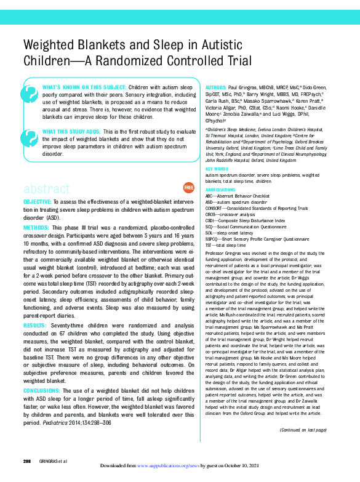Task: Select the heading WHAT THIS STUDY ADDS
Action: point(68,132)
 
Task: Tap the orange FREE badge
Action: point(188,170)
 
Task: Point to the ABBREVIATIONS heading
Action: point(220,191)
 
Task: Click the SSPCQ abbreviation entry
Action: point(214,239)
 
